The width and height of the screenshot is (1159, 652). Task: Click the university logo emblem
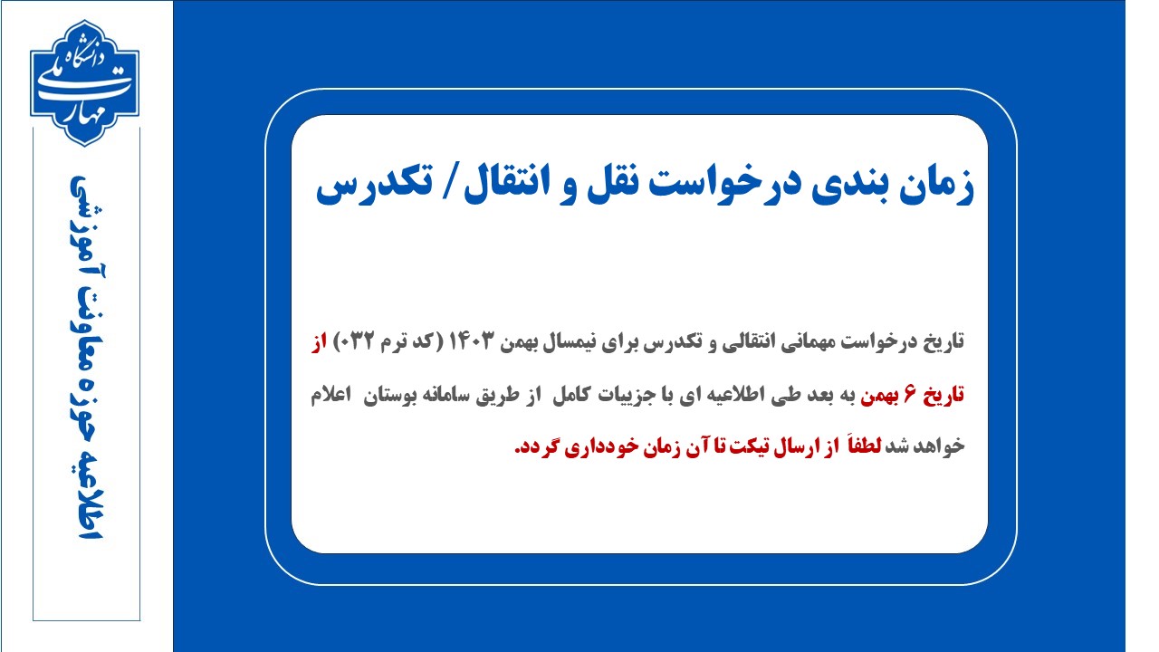[x=84, y=82]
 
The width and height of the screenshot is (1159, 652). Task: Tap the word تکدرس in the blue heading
[x=374, y=187]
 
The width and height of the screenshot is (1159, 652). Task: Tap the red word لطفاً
[x=863, y=445]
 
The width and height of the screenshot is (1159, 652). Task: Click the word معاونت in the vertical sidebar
[x=87, y=358]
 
